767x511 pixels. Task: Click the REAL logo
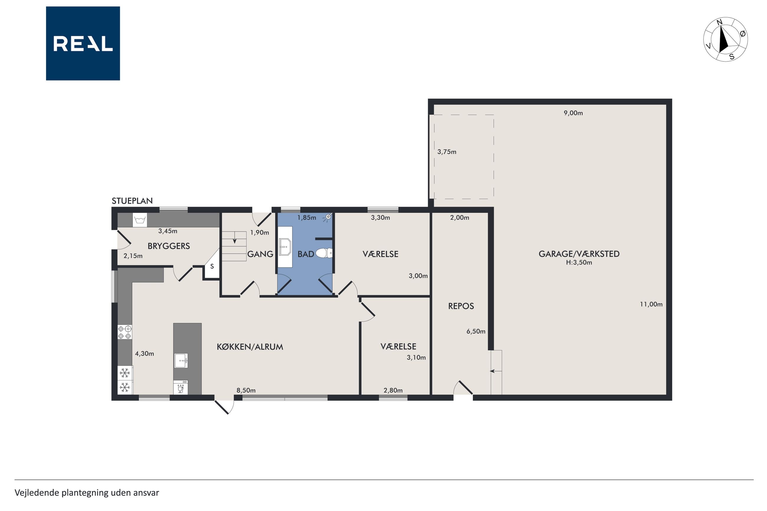(83, 43)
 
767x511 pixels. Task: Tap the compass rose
(725, 40)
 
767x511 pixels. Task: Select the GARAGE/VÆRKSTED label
(579, 254)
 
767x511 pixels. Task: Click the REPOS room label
(461, 306)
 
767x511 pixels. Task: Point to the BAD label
(306, 254)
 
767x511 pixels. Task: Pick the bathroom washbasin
(285, 247)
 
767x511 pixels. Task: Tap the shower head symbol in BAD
(327, 217)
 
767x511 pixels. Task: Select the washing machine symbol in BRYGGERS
(140, 220)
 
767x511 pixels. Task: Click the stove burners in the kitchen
(124, 332)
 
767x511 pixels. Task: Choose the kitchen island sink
(181, 360)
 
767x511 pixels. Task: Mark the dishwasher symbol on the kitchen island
(181, 387)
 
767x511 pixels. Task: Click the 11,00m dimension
(651, 304)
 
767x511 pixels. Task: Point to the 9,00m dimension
(573, 113)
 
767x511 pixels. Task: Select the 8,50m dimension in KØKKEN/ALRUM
(246, 390)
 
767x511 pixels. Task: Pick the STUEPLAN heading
(132, 201)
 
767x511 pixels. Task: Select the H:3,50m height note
(579, 262)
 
